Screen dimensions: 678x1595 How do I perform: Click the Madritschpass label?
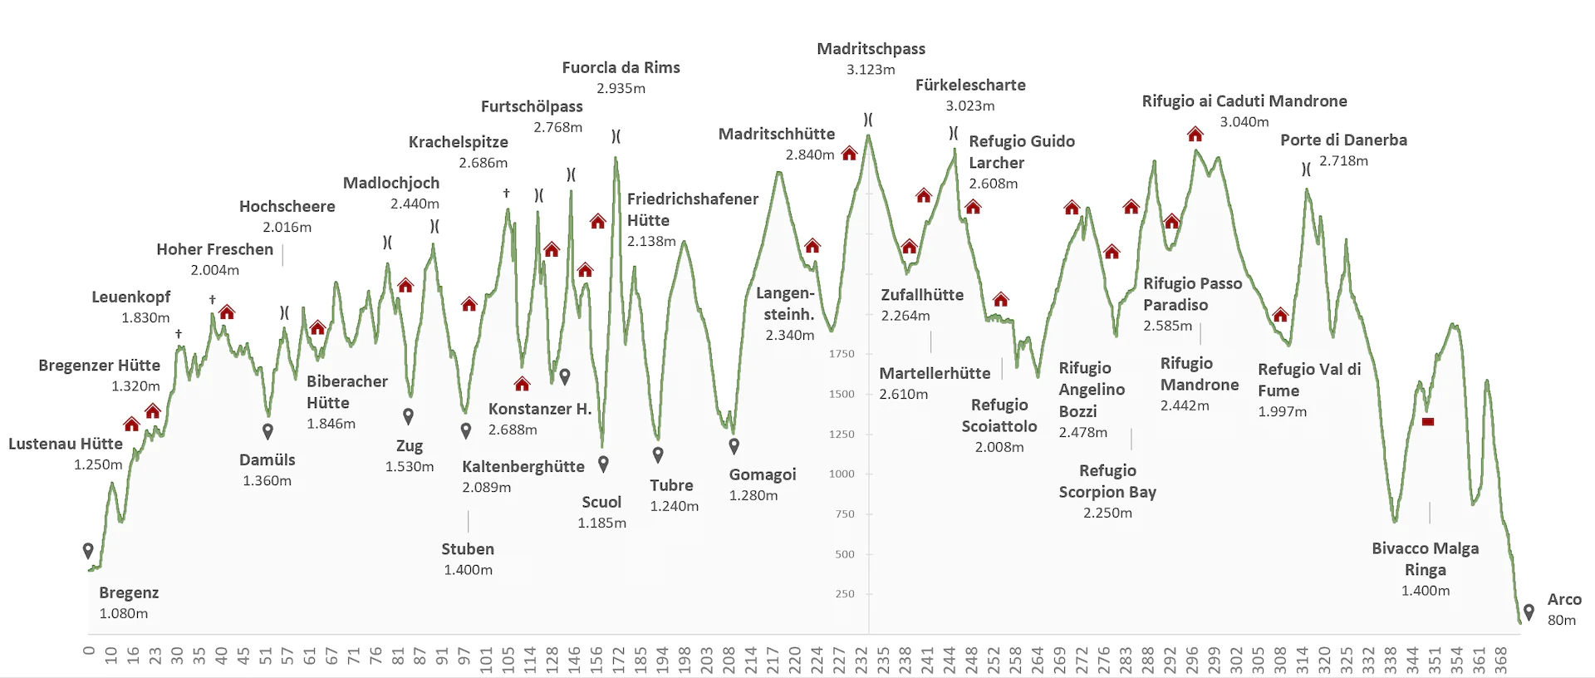click(871, 49)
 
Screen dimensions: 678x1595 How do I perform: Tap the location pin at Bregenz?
click(88, 550)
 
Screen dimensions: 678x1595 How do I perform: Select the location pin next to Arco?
click(1529, 612)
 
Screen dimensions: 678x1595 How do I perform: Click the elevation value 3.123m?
click(871, 70)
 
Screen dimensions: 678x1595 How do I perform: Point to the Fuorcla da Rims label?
click(621, 67)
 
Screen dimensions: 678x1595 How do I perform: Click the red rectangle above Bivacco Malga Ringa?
click(1428, 422)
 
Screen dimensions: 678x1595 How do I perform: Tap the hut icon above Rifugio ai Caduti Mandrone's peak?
click(1195, 134)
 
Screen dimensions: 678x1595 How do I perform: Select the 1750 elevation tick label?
click(842, 354)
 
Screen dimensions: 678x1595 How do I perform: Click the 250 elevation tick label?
click(845, 594)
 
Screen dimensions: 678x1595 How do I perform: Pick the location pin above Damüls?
click(267, 431)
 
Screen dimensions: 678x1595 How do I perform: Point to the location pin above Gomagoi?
click(734, 446)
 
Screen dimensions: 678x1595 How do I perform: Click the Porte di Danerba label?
click(1343, 140)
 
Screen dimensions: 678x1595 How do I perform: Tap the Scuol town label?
click(601, 502)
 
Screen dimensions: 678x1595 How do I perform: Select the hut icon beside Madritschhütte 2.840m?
click(849, 154)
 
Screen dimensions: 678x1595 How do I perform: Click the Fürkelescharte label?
click(970, 85)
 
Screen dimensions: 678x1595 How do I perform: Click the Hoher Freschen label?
click(214, 249)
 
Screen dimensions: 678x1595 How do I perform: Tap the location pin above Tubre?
click(658, 454)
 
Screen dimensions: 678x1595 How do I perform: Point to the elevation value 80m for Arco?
click(1561, 620)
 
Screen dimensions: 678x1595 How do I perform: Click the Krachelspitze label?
click(458, 142)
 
